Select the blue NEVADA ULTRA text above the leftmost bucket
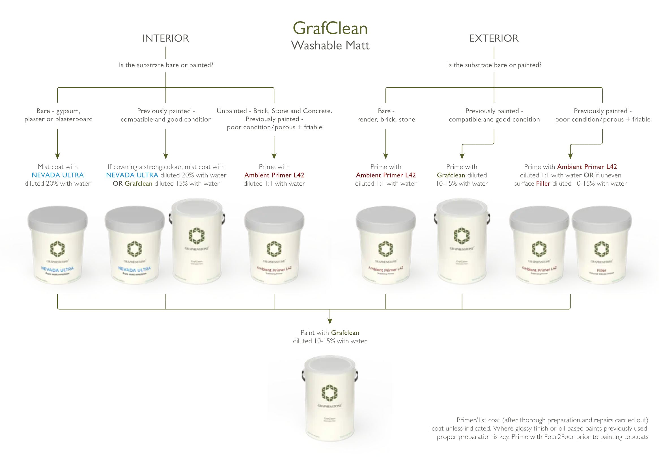(x=58, y=175)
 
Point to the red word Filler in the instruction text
(x=543, y=184)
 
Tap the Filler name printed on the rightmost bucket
(x=601, y=270)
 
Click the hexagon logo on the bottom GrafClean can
(x=329, y=392)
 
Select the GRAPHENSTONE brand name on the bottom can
(x=329, y=406)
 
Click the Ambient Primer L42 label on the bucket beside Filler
(x=539, y=269)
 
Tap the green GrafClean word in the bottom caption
(x=345, y=333)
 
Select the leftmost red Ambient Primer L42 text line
(x=274, y=175)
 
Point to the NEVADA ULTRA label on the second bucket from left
(x=134, y=269)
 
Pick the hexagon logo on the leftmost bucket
(x=57, y=248)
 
